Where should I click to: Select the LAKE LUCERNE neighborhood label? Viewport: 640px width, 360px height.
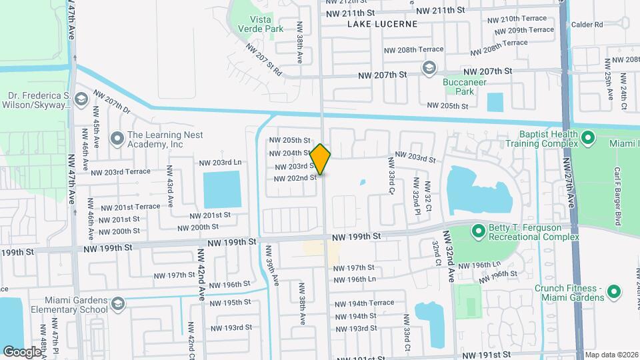382,24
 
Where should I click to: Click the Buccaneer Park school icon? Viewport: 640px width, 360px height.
429,68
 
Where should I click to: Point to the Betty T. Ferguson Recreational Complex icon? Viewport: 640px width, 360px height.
478,231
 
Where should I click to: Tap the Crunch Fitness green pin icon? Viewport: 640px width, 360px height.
614,291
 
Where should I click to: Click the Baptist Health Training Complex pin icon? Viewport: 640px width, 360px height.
587,138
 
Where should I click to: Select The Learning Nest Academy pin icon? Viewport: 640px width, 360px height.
117,138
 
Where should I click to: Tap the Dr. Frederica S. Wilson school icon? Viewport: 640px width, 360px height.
81,100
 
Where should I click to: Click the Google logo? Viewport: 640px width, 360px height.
22,351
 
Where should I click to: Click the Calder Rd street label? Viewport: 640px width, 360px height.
587,25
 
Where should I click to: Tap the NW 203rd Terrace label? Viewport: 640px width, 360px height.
121,171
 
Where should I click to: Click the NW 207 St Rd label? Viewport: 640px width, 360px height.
264,59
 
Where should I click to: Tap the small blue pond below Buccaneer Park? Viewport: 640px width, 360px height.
495,102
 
